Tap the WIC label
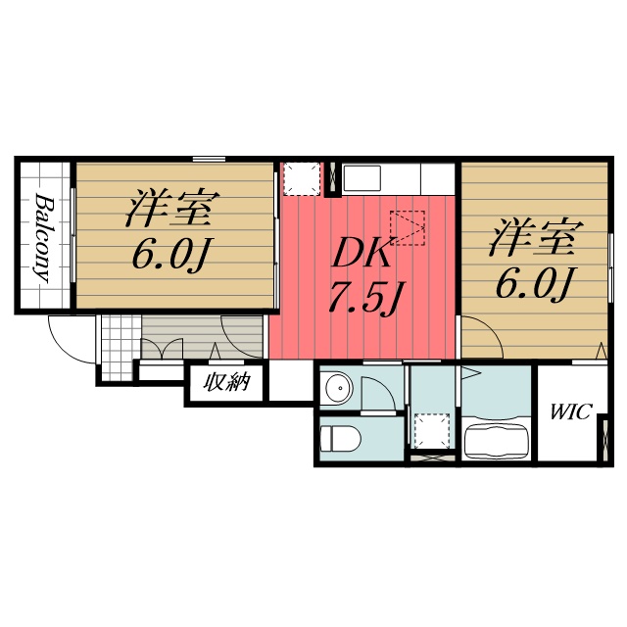[569, 411]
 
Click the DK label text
[362, 254]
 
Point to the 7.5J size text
[363, 297]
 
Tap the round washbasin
[336, 388]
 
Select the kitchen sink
[361, 179]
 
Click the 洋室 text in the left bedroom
[169, 209]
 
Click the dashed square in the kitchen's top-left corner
[300, 179]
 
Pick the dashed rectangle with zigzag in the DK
[407, 227]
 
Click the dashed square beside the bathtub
[430, 430]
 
